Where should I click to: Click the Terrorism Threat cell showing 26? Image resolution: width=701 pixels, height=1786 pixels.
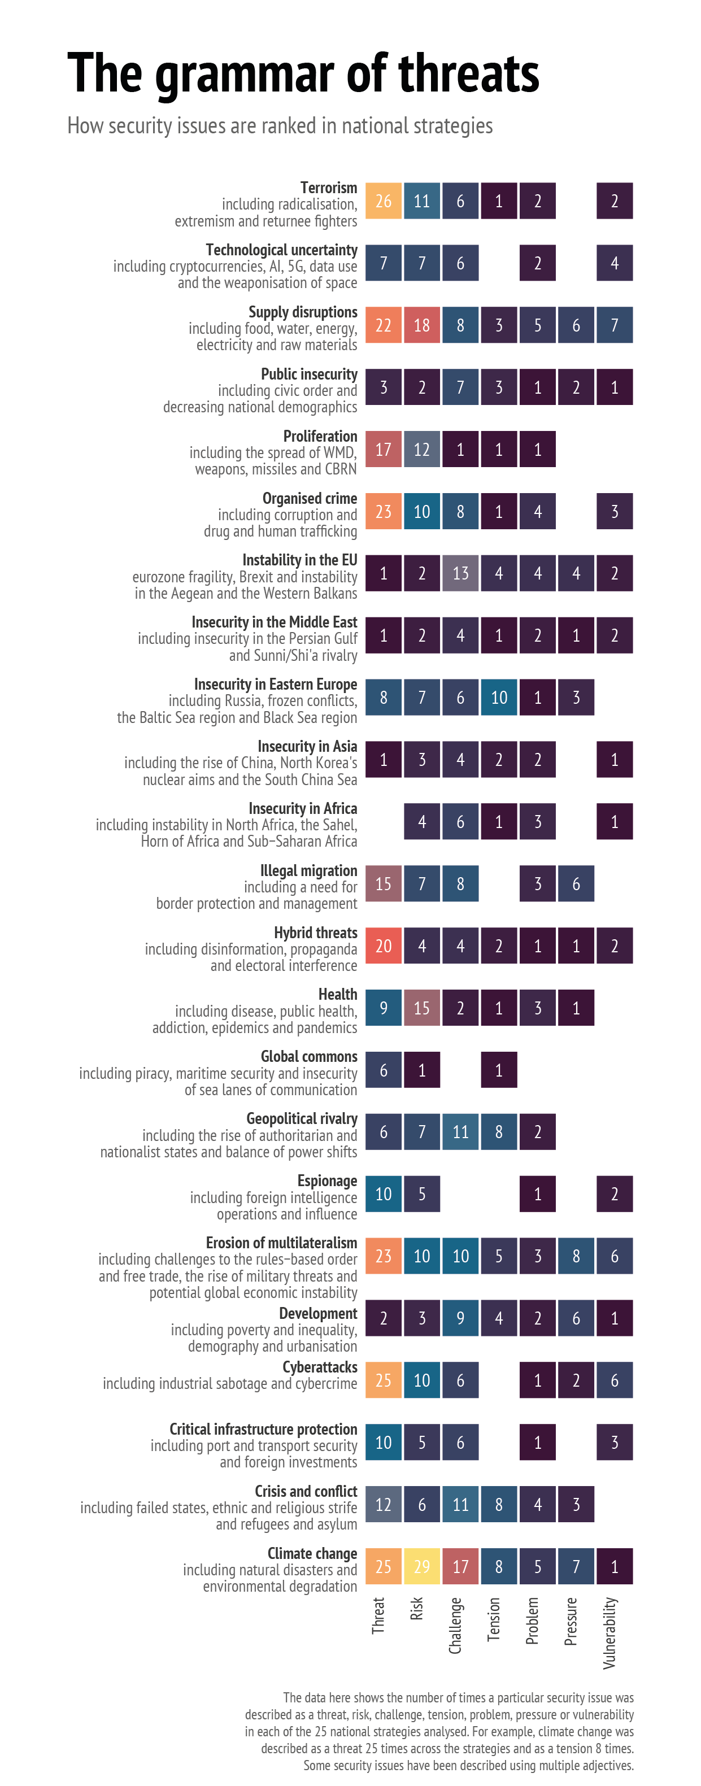[384, 201]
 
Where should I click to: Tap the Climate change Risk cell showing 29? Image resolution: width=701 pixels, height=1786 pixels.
[421, 1566]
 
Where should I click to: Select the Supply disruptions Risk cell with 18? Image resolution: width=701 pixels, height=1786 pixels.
[421, 325]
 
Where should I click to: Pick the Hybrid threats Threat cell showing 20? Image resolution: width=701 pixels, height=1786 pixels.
[384, 946]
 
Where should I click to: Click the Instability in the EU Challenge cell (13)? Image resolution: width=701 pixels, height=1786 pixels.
[460, 573]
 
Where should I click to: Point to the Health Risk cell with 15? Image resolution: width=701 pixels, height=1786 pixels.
[421, 1008]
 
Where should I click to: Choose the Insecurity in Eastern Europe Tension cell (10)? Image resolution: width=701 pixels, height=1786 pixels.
[499, 698]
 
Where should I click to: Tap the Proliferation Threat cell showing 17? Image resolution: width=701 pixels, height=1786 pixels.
[384, 449]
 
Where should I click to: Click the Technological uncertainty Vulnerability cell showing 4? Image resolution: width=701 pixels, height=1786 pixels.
[615, 263]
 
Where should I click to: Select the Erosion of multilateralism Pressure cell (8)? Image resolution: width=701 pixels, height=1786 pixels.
[576, 1256]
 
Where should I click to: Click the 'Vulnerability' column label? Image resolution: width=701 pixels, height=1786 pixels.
[609, 1633]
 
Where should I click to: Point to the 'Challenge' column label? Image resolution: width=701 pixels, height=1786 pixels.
[455, 1625]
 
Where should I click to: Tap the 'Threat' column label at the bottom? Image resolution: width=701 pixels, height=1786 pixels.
[378, 1615]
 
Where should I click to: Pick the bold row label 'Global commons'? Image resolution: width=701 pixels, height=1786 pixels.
[308, 1057]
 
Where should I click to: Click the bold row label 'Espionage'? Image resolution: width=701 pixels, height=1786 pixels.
[327, 1180]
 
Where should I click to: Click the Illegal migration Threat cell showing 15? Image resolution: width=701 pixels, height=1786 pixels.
[384, 884]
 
